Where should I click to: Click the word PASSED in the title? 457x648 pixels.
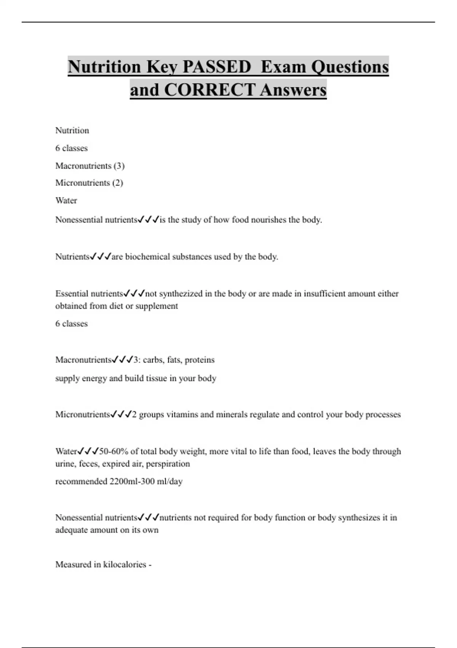click(217, 67)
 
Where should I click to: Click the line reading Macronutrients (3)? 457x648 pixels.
click(90, 166)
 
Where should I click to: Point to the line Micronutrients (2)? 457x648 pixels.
click(89, 183)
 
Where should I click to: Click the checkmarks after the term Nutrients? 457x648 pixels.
click(101, 257)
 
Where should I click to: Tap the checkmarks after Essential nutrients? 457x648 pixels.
click(134, 294)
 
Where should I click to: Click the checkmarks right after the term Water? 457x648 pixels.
click(88, 452)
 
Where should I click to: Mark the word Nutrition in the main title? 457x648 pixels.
click(104, 67)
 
